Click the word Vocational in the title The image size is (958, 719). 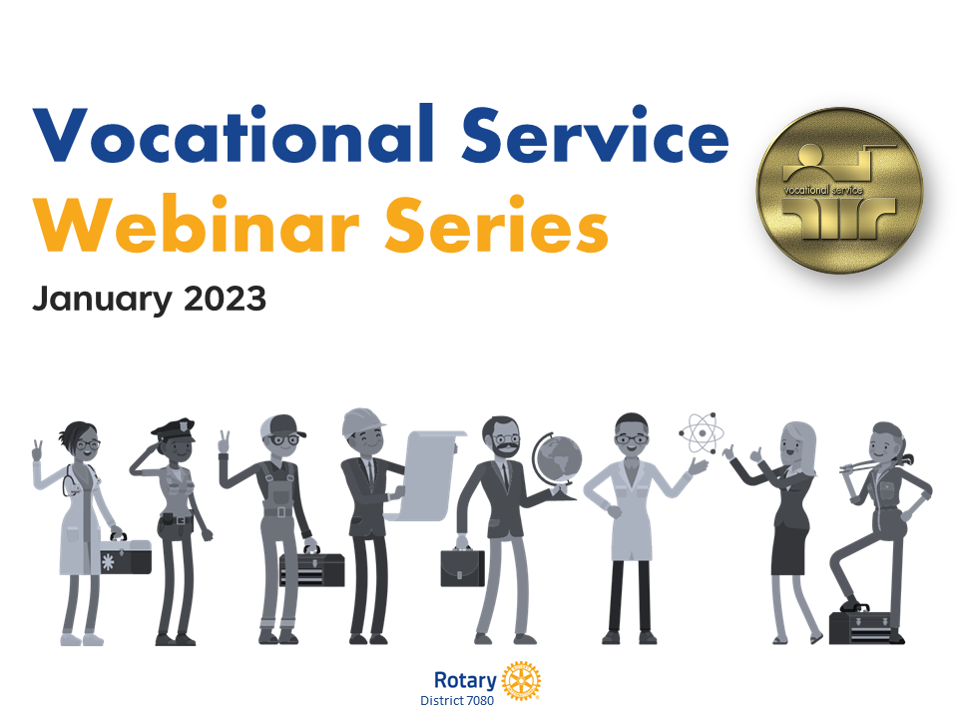[234, 134]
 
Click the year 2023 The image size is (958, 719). [225, 299]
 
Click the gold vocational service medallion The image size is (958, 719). [839, 190]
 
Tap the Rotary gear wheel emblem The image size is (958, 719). [521, 680]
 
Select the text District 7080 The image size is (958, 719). [457, 701]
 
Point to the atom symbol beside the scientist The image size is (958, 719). [702, 432]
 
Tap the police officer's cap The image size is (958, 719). [174, 429]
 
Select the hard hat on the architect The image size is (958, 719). [362, 421]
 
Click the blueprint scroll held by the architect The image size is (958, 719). [427, 475]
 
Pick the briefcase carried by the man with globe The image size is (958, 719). [462, 567]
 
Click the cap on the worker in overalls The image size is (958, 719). [282, 426]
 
